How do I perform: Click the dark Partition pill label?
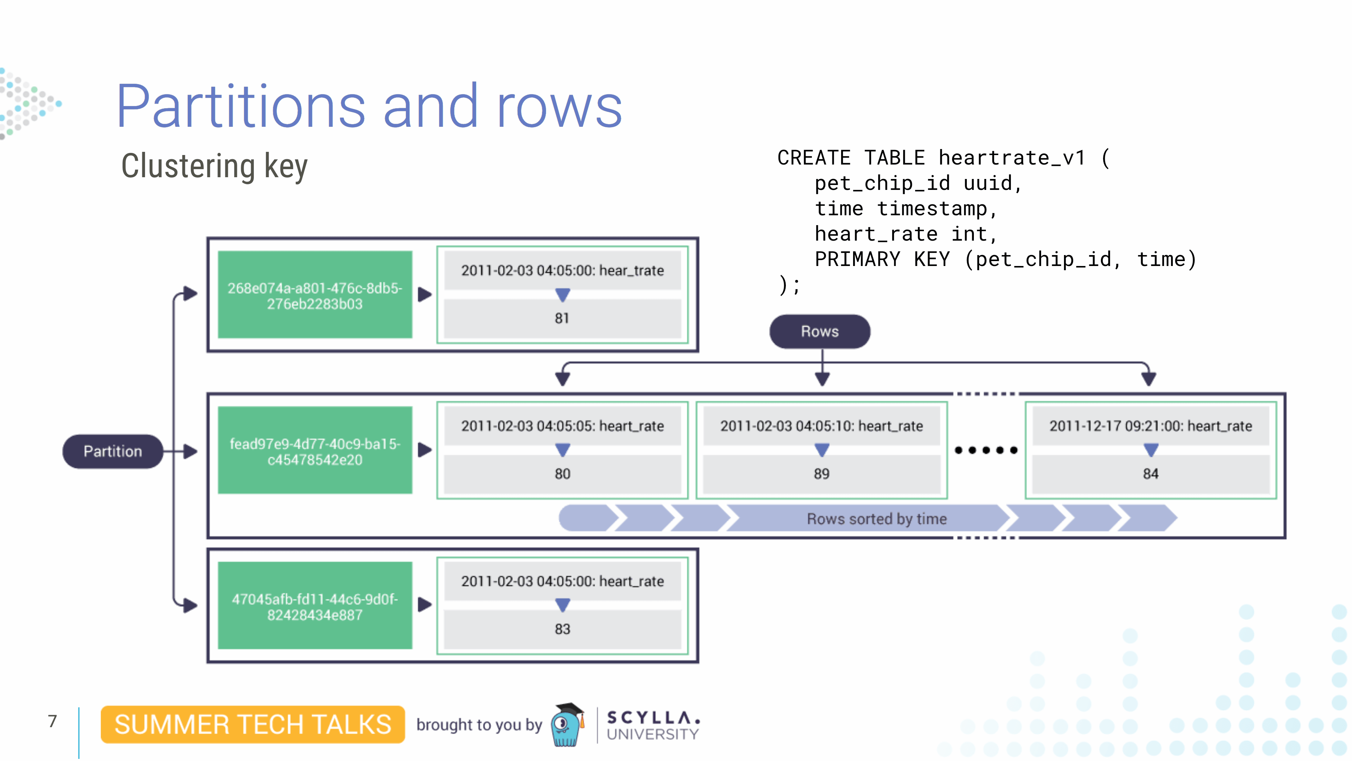click(x=112, y=451)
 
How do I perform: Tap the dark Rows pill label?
click(x=819, y=332)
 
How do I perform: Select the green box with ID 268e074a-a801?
click(x=315, y=296)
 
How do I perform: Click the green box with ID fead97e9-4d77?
click(x=315, y=451)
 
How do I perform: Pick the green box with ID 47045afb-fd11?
click(x=315, y=607)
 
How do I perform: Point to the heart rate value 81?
click(x=562, y=318)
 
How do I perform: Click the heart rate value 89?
click(x=821, y=474)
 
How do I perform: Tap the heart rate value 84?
click(x=1151, y=474)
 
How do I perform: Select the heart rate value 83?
click(x=562, y=629)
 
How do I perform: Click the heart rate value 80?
click(x=562, y=474)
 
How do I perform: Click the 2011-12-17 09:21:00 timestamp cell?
click(x=1151, y=426)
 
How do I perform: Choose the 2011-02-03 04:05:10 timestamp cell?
click(x=821, y=426)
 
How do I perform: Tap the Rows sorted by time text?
click(x=876, y=519)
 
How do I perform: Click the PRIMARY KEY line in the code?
click(x=1005, y=259)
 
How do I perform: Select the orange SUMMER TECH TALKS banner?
click(x=252, y=724)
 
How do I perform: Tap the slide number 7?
click(x=52, y=721)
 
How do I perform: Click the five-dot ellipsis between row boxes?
click(x=986, y=450)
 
